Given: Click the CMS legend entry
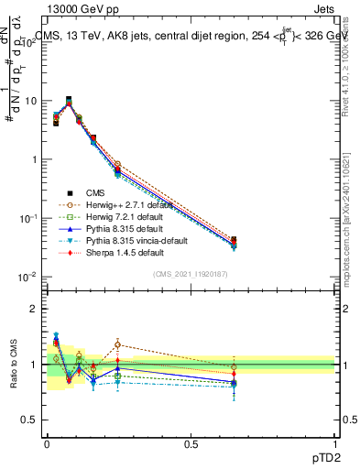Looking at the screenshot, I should (96, 192).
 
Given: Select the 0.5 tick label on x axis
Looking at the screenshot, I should (191, 443).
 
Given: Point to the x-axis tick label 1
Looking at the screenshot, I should (334, 443).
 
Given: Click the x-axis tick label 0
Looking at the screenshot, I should (47, 443).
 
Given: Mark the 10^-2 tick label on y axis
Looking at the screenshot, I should (28, 277).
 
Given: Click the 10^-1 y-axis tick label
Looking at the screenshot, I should (28, 218).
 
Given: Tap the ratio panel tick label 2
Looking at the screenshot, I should (35, 309).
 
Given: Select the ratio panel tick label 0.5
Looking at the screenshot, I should (30, 420).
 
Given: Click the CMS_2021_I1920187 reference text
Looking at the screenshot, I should (191, 274).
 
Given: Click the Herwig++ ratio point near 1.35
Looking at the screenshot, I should (117, 344).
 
